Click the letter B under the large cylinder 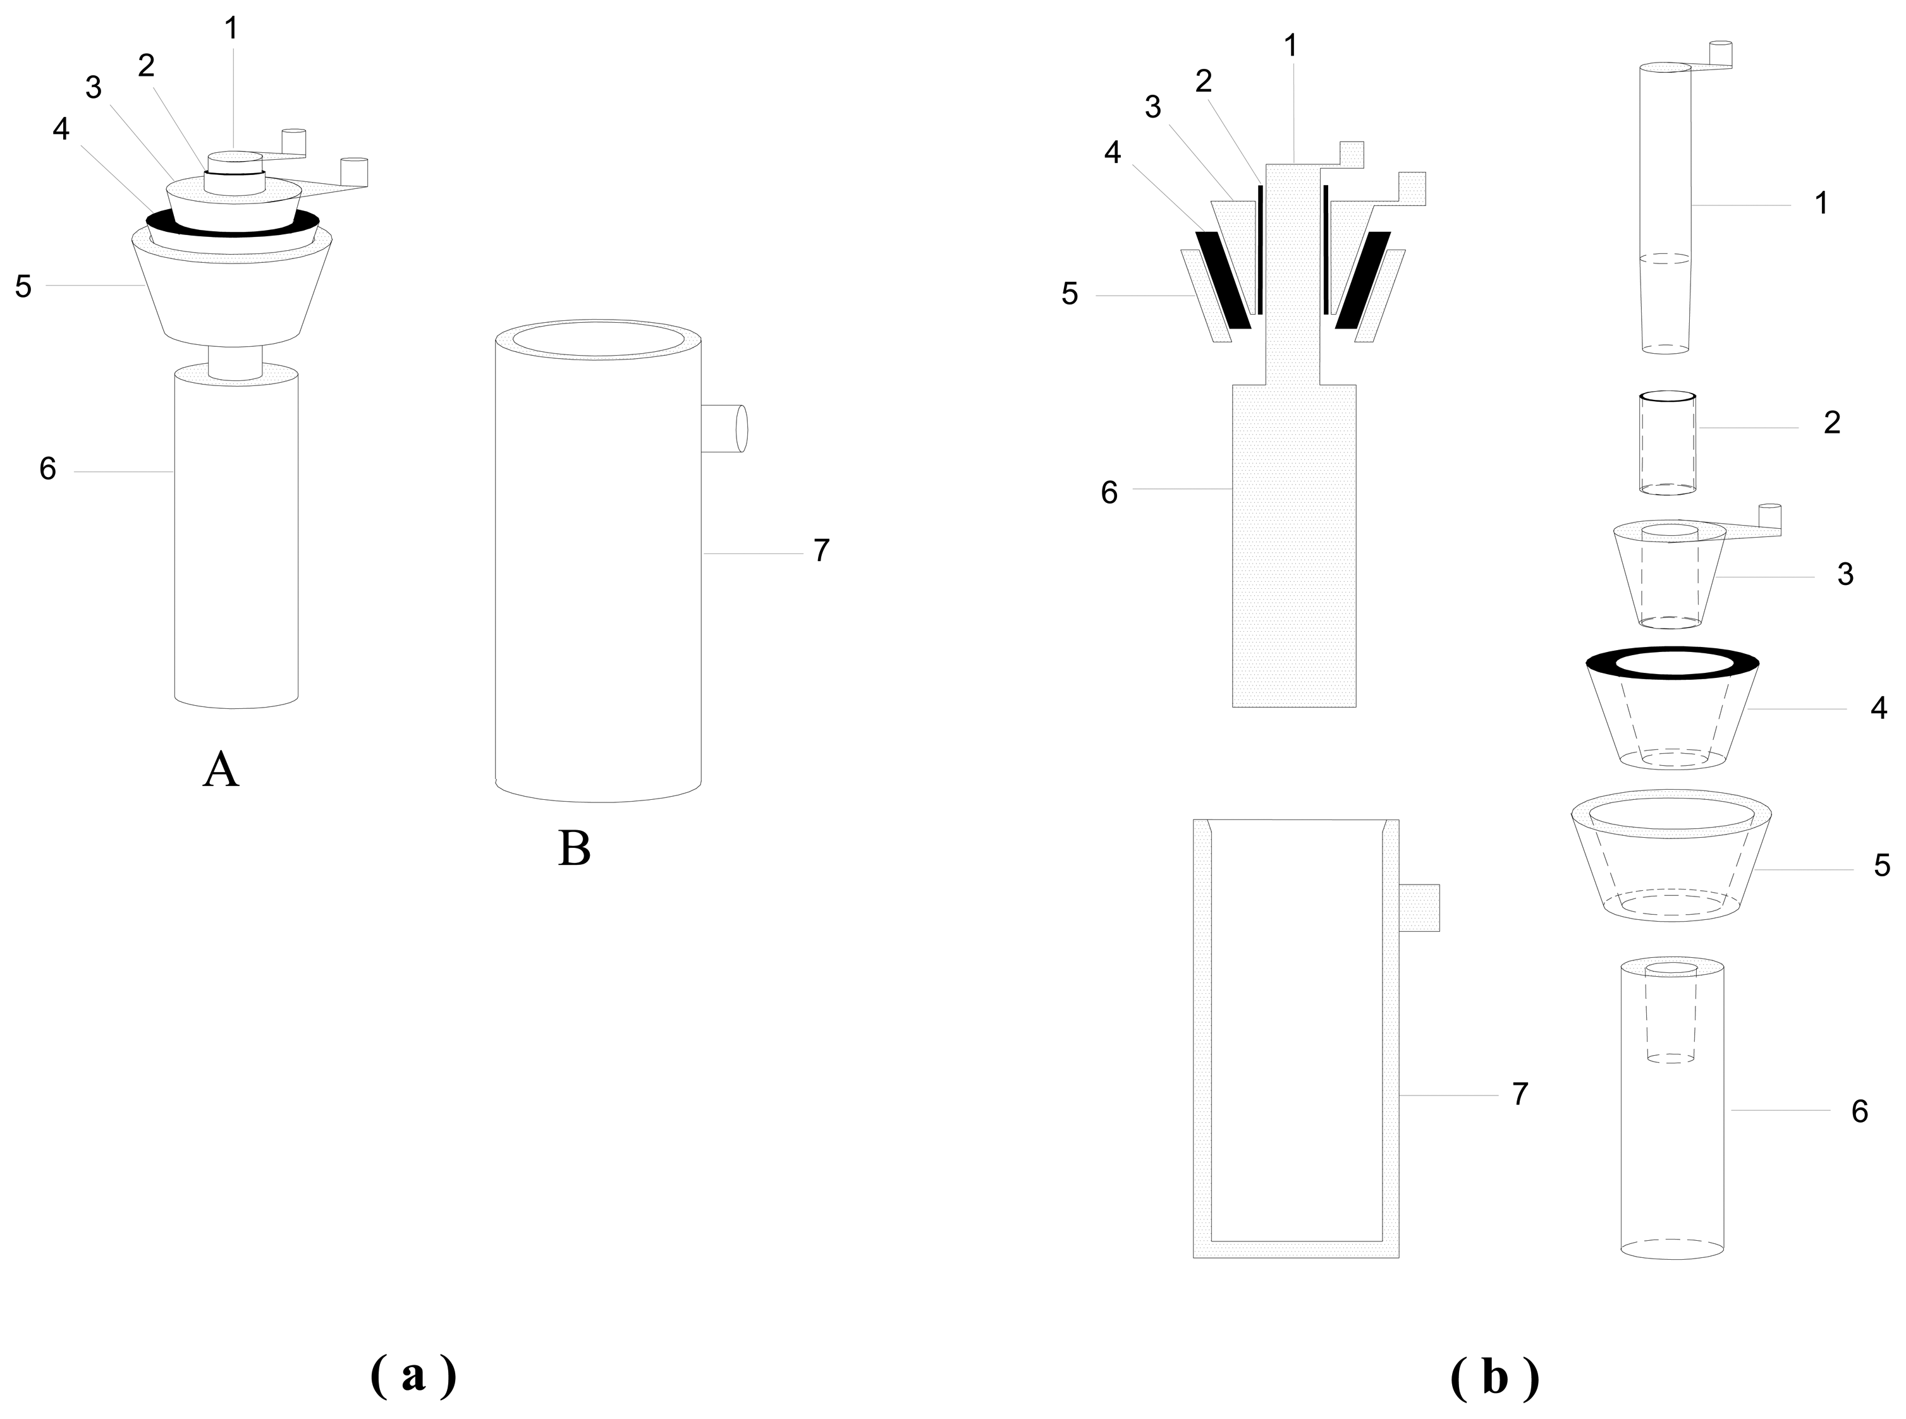click(574, 848)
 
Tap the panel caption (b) click(1494, 1378)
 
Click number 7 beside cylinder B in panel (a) click(822, 550)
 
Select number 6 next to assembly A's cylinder click(48, 469)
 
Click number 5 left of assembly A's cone click(23, 287)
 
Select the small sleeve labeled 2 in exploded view click(1667, 444)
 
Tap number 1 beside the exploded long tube click(1820, 203)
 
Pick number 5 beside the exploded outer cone click(1882, 866)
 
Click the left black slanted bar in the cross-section click(1223, 279)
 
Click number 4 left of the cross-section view click(1113, 153)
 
